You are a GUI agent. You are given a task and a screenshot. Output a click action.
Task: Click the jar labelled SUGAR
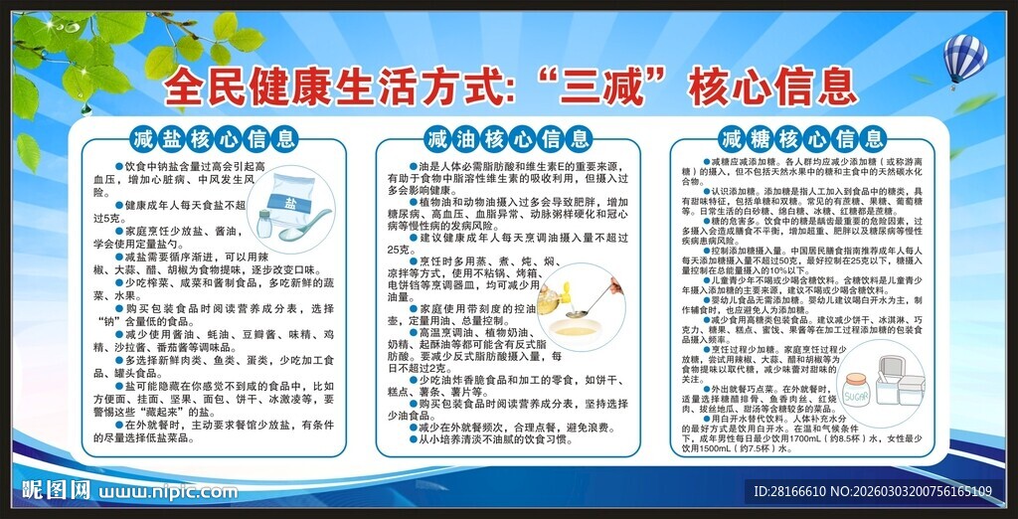(x=856, y=390)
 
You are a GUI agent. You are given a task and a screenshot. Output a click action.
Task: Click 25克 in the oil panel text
(x=400, y=249)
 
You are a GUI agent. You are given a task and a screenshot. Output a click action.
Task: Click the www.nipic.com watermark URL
(x=167, y=491)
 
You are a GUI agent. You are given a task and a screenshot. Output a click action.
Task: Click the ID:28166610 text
(x=790, y=492)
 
